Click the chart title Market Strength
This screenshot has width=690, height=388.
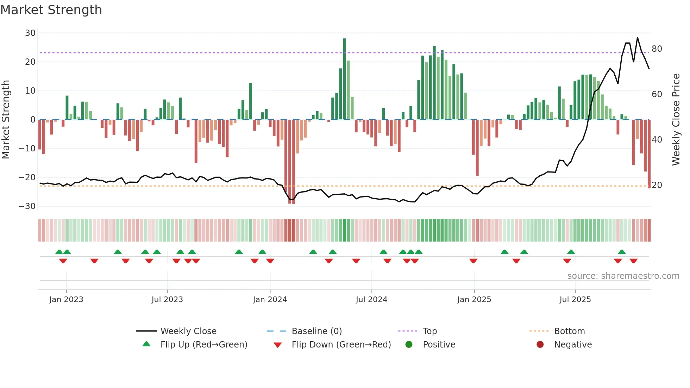pos(51,10)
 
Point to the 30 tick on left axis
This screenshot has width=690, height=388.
pos(30,33)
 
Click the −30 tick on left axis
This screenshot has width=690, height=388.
pos(27,206)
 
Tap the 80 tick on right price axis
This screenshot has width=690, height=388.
pos(657,49)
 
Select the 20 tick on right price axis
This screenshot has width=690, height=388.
pos(657,185)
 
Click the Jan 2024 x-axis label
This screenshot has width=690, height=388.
pos(270,300)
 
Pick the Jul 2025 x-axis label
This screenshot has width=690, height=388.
pos(575,300)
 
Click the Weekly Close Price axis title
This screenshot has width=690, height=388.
pos(676,120)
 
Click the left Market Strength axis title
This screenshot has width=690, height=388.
pos(6,120)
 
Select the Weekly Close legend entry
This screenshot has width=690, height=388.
pos(188,331)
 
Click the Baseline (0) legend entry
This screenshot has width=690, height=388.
pos(316,331)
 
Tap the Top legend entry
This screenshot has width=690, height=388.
pos(429,331)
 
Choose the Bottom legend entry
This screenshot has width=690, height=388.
pos(569,331)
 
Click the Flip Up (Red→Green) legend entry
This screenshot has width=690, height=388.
pos(203,345)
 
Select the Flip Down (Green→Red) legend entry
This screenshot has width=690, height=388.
pos(341,345)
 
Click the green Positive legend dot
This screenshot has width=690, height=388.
pos(409,345)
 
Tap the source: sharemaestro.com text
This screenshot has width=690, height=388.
pos(623,276)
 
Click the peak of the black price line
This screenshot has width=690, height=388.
pos(637,38)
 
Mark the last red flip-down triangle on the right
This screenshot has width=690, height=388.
pos(633,261)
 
